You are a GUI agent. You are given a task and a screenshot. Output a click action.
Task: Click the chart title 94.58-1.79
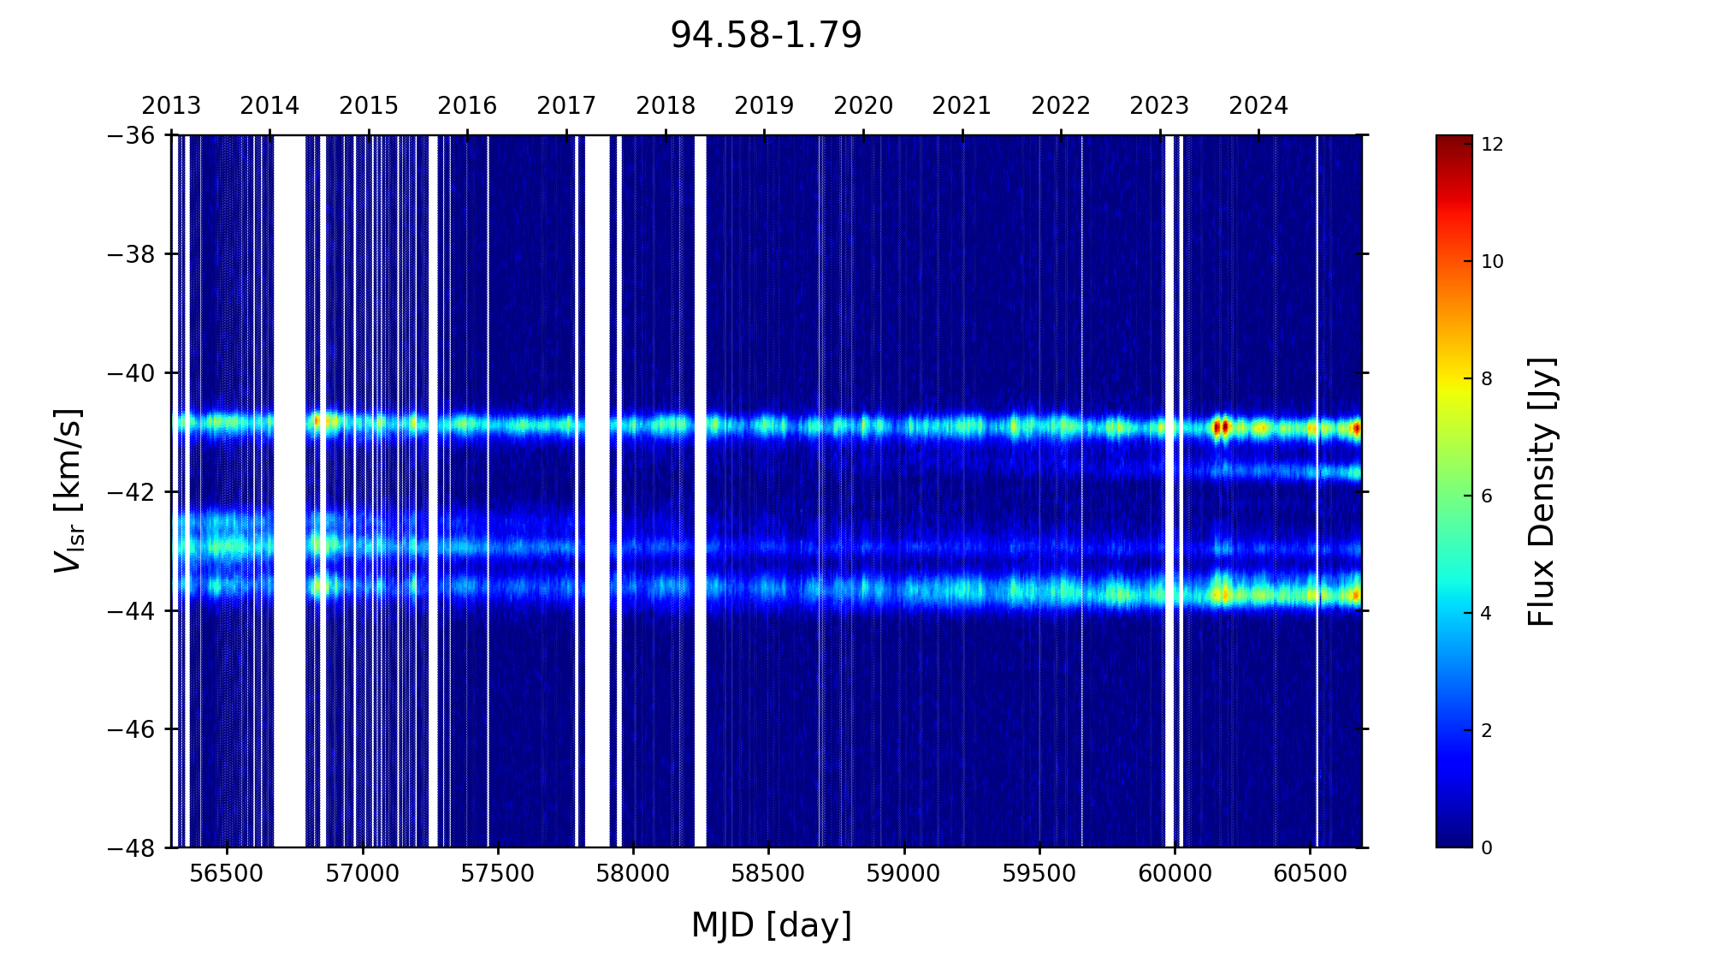(x=766, y=36)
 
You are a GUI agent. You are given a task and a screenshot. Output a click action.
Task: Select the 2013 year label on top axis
(x=171, y=106)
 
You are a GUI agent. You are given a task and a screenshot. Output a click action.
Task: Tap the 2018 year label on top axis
(x=666, y=106)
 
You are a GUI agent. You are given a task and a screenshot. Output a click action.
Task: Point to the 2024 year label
(x=1258, y=106)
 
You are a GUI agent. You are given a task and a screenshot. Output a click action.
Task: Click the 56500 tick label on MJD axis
(x=227, y=874)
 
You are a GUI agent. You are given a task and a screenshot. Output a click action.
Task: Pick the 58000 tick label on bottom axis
(x=633, y=874)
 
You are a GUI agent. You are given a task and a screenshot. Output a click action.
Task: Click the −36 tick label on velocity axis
(x=131, y=135)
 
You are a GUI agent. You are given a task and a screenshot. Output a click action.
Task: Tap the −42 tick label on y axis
(x=131, y=492)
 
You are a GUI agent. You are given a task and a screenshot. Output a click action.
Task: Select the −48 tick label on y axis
(x=131, y=848)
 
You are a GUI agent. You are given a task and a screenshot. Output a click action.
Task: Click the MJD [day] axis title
(x=772, y=925)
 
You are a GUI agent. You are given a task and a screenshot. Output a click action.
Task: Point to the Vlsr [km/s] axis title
(x=68, y=490)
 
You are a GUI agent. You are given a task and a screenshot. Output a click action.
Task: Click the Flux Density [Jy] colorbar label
(x=1542, y=491)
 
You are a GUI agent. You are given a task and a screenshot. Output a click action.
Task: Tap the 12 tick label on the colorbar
(x=1492, y=146)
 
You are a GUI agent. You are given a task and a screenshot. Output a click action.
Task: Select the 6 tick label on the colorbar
(x=1487, y=496)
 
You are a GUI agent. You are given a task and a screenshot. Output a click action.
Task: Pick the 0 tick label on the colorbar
(x=1487, y=848)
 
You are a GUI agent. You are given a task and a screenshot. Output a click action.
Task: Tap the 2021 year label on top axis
(x=962, y=106)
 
